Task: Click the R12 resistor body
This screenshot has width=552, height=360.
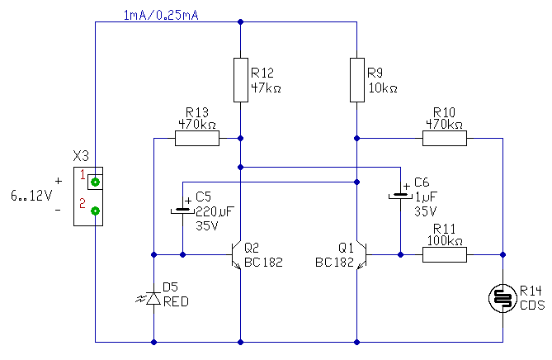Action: click(x=241, y=80)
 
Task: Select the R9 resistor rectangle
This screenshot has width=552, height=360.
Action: click(x=357, y=80)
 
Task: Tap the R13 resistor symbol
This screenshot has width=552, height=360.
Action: click(x=197, y=138)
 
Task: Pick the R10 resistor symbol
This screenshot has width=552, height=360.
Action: click(x=445, y=138)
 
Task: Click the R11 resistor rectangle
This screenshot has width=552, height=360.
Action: click(x=445, y=254)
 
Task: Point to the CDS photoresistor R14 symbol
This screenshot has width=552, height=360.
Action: click(x=502, y=298)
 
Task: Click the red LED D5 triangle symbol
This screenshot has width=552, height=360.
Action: click(x=153, y=298)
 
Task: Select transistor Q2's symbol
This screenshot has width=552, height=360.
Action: click(x=236, y=254)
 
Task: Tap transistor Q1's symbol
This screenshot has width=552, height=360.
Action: click(x=361, y=254)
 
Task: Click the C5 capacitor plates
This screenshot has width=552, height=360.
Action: click(x=182, y=211)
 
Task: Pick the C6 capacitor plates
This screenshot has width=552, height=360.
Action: click(x=401, y=196)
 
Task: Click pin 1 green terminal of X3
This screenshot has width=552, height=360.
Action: click(x=96, y=182)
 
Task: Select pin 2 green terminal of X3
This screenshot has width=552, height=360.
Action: click(x=96, y=211)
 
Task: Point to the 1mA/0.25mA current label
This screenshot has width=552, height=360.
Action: click(x=161, y=15)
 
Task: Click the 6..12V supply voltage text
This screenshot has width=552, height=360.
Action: click(x=31, y=195)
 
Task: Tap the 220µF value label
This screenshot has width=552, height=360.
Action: click(x=215, y=211)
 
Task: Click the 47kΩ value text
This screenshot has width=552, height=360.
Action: click(x=267, y=88)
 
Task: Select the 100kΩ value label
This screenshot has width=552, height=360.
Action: click(x=445, y=240)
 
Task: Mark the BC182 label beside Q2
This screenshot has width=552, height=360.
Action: click(x=263, y=262)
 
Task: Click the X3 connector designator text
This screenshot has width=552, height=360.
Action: click(x=81, y=156)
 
